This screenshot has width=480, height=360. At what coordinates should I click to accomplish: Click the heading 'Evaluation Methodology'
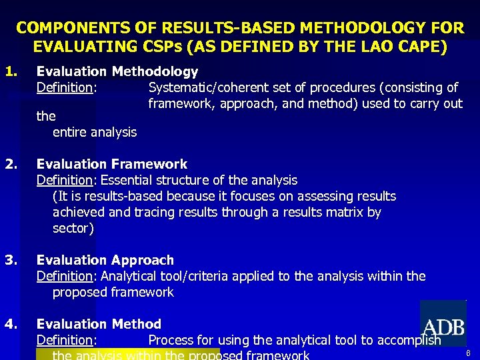coord(117,71)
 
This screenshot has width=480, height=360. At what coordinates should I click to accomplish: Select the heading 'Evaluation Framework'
coord(112,164)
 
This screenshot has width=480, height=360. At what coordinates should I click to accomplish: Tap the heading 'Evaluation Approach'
coord(105,260)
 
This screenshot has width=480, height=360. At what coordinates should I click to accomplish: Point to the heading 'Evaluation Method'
coord(99,324)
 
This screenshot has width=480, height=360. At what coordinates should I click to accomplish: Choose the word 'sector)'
coord(73,228)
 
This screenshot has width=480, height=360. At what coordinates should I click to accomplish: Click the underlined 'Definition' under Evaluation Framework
coord(64,180)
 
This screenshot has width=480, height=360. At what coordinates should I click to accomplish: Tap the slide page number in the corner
coord(468,353)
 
